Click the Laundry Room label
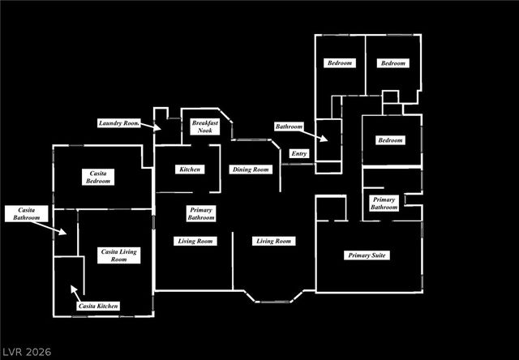click(119, 123)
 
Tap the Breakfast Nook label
click(205, 126)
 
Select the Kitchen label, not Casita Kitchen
click(190, 169)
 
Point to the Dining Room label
click(251, 169)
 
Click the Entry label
click(299, 153)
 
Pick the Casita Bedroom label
click(98, 177)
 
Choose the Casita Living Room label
click(119, 255)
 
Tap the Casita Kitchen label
click(98, 306)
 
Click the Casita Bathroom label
click(27, 214)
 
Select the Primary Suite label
click(367, 255)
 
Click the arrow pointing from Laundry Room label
click(151, 126)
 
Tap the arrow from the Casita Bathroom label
click(49, 229)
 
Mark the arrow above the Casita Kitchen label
click(75, 293)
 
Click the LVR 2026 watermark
click(27, 351)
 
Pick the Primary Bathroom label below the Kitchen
click(201, 213)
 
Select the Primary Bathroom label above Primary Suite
click(384, 204)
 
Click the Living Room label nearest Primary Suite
click(274, 241)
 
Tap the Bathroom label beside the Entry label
click(289, 126)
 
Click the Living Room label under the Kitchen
click(195, 241)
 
